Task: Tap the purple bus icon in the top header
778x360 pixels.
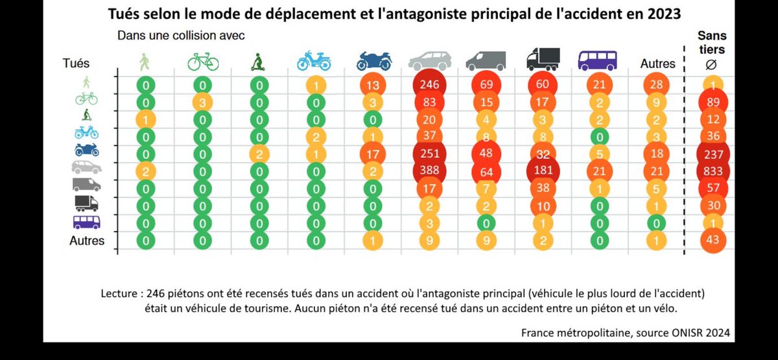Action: [x=596, y=60]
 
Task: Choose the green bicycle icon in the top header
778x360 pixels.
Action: [x=203, y=62]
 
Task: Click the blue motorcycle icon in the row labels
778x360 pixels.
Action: [x=86, y=150]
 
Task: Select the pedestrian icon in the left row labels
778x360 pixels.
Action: [x=86, y=82]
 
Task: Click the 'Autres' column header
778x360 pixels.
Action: [x=657, y=64]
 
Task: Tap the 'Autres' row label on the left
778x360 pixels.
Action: [x=86, y=241]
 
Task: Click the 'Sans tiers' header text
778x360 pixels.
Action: [x=711, y=43]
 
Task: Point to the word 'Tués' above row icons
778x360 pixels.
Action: [x=77, y=64]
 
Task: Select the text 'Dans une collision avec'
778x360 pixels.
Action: [x=181, y=35]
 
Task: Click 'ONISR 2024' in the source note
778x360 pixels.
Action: [x=698, y=332]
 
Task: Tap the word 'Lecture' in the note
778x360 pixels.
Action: [x=119, y=293]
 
